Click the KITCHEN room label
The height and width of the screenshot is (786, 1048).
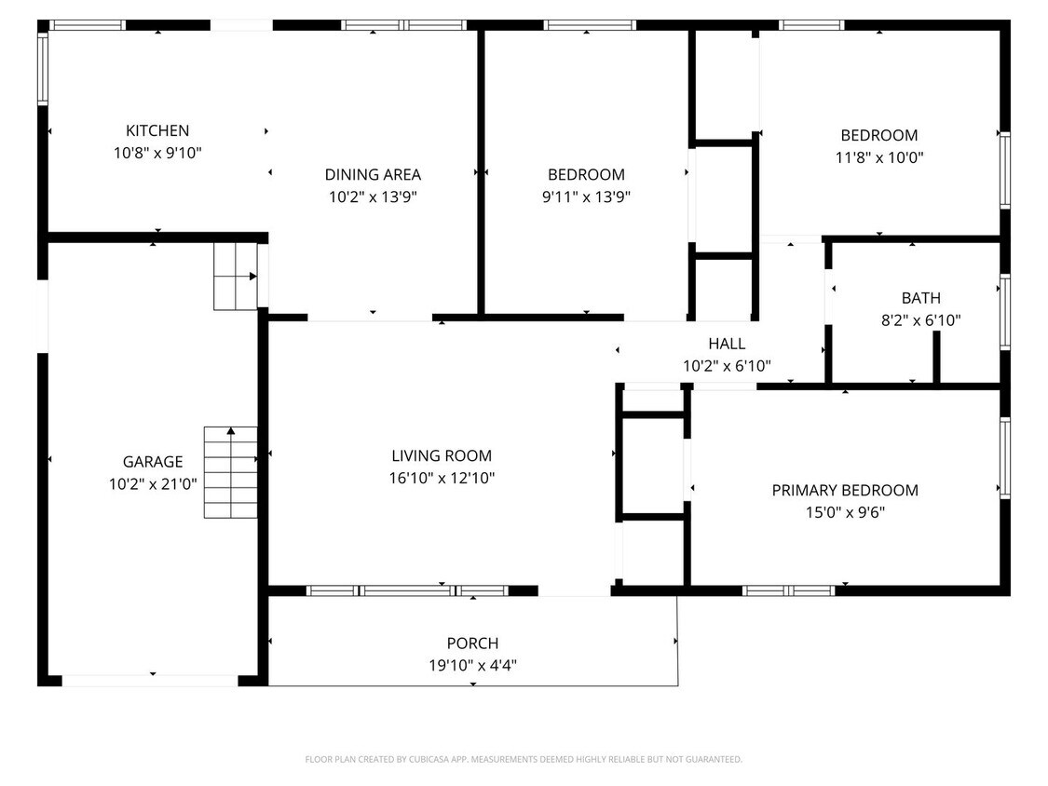coord(157,131)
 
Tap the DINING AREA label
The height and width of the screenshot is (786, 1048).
coord(373,174)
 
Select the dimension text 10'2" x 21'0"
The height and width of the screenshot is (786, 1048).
coord(153,484)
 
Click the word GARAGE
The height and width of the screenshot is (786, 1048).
coord(153,462)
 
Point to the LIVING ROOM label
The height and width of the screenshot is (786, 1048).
coord(442,456)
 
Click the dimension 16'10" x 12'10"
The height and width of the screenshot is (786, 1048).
coord(442,479)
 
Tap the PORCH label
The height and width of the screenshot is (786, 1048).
coord(472,644)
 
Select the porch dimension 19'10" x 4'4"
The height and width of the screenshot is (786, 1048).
coord(472,666)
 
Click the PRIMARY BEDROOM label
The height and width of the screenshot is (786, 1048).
coord(845,491)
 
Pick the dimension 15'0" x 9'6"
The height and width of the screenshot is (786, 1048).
coord(845,512)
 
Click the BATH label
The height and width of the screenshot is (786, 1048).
coord(920,299)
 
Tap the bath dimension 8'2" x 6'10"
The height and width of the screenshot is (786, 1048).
coord(920,320)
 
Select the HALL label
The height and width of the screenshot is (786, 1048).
coord(727,345)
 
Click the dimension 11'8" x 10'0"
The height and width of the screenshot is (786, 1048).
coord(878,157)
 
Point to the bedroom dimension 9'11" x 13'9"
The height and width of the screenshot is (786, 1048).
coord(586,196)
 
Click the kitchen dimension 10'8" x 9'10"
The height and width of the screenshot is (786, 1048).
coord(157,153)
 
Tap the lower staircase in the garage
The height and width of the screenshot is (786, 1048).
coord(231,472)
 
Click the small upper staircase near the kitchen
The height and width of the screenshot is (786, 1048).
coord(236,277)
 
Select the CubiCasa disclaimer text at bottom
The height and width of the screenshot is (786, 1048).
coord(524,760)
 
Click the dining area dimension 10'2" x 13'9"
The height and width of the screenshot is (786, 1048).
coord(373,196)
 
